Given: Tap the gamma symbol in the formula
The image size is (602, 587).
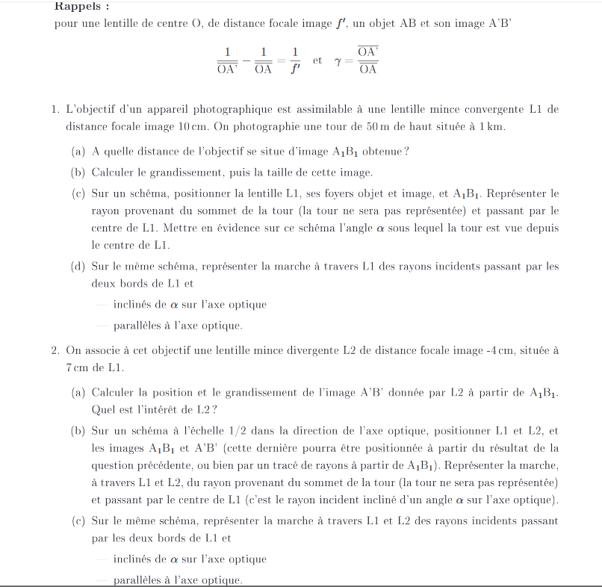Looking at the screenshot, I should [339, 62].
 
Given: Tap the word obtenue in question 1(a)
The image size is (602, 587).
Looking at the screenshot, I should [383, 152].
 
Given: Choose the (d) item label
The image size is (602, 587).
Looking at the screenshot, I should [78, 266].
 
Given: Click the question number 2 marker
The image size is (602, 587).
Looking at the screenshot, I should [56, 350].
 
